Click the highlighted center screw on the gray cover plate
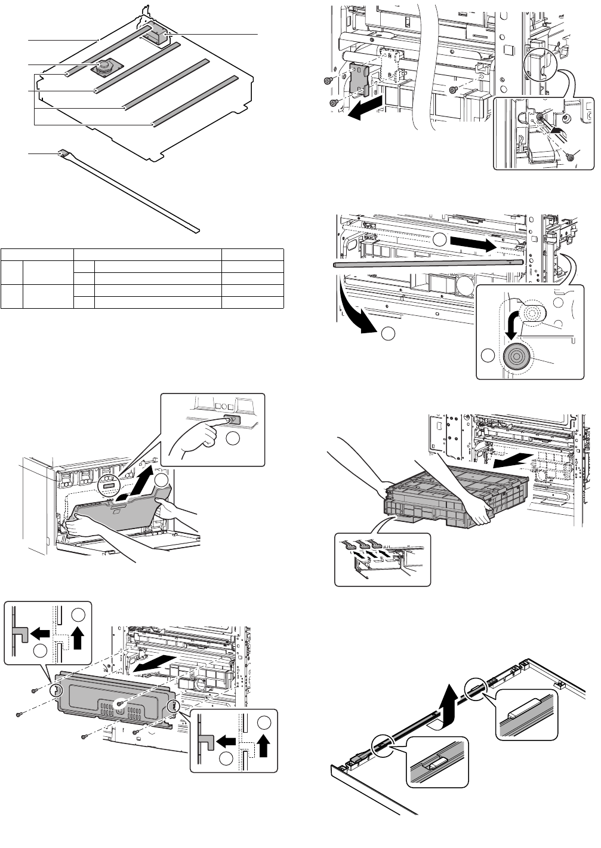pos(120,705)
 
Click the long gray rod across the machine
pos(427,262)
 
